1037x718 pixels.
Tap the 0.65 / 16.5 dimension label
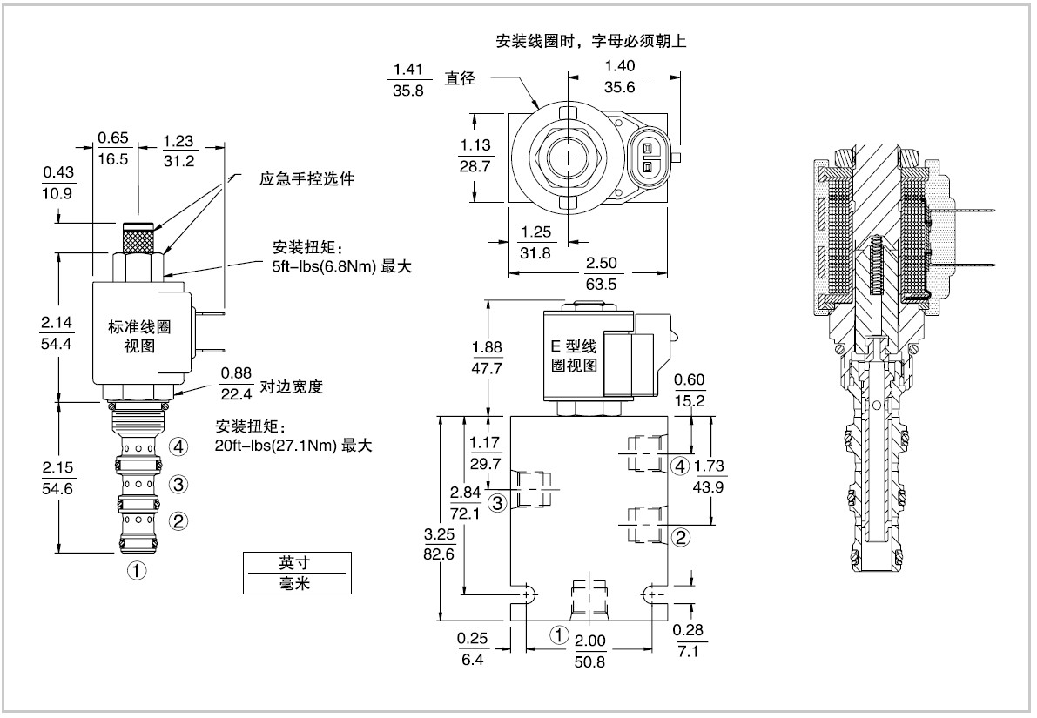coord(113,147)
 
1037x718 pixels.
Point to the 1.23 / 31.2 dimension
coord(179,147)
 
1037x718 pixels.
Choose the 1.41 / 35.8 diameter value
coord(407,78)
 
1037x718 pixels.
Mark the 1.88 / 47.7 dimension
coord(487,357)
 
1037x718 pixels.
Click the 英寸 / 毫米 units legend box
coord(296,573)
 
